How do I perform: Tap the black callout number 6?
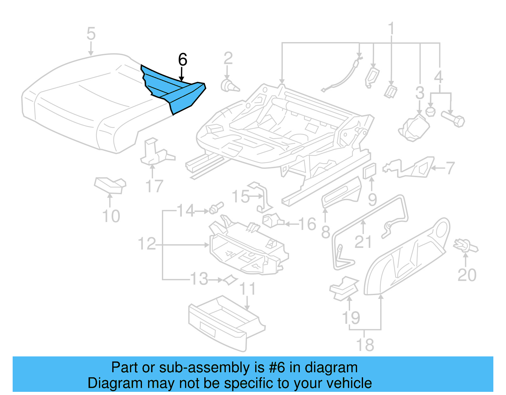182,59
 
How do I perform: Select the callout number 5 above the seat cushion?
91,34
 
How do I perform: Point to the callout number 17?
154,186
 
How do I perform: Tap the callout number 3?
420,93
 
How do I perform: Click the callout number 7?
450,168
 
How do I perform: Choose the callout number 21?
363,242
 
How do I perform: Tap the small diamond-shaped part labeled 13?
230,280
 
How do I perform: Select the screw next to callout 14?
217,208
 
